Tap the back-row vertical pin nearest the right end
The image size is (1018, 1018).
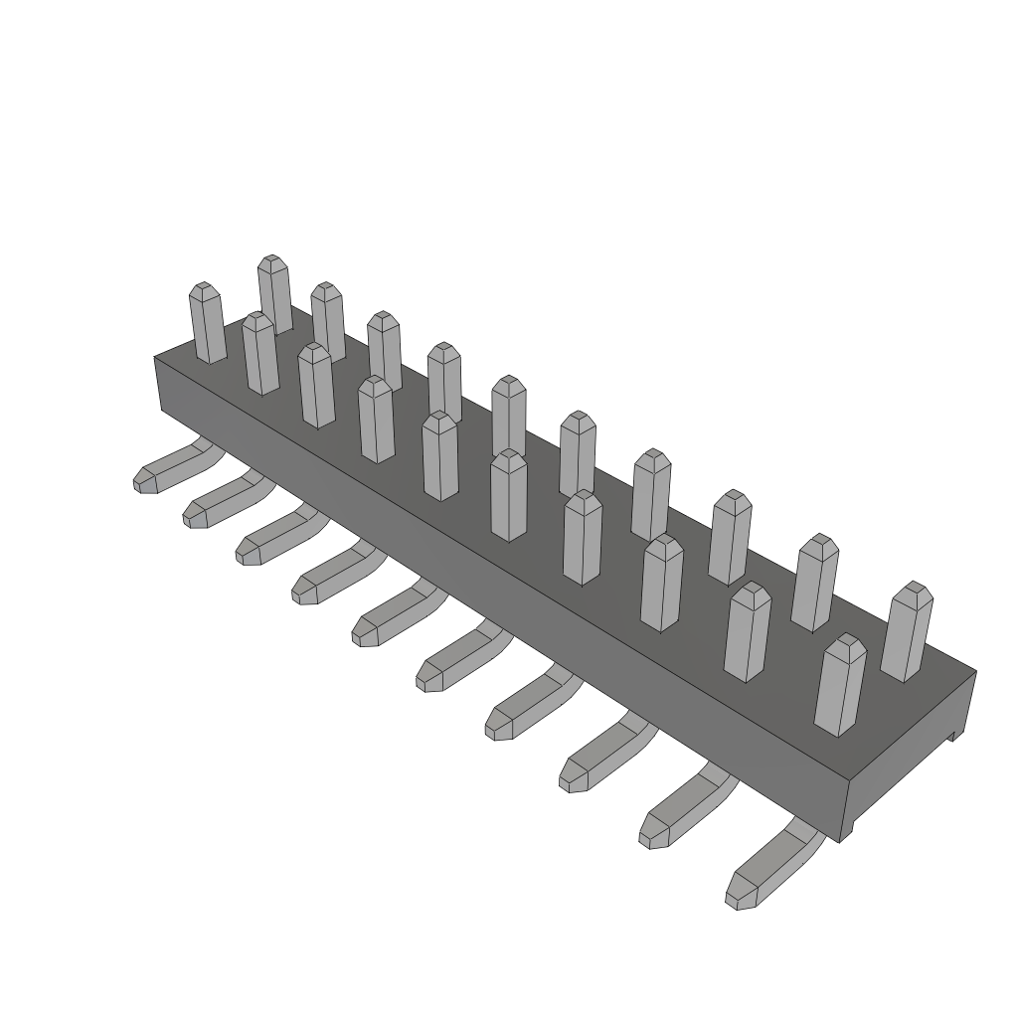pos(906,632)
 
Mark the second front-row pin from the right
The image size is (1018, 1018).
pos(747,632)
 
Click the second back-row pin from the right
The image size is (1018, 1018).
pos(814,582)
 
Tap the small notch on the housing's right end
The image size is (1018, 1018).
pos(951,735)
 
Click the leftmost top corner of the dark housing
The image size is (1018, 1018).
pos(156,357)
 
